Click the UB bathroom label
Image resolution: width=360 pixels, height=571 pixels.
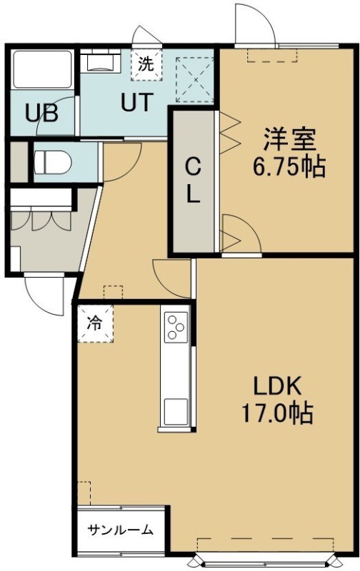pos(41,113)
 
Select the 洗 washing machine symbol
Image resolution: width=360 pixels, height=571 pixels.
pos(146,64)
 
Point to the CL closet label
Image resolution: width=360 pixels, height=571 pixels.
pos(193,181)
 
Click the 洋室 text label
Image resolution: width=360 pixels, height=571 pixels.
pos(289,138)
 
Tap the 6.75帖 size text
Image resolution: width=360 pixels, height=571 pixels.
pos(289,167)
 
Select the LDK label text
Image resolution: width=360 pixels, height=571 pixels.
pos(277,386)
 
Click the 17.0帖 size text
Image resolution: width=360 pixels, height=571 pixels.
pos(277,413)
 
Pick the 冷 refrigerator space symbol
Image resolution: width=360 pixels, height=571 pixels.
pos(96,323)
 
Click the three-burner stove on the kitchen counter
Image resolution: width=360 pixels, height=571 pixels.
pos(176,328)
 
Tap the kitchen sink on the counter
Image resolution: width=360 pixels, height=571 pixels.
pos(176,412)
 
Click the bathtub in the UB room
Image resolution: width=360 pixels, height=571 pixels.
pos(42,69)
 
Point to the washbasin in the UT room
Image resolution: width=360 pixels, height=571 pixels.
pos(100,62)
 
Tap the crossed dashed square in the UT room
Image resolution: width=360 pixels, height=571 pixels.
pos(194,80)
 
